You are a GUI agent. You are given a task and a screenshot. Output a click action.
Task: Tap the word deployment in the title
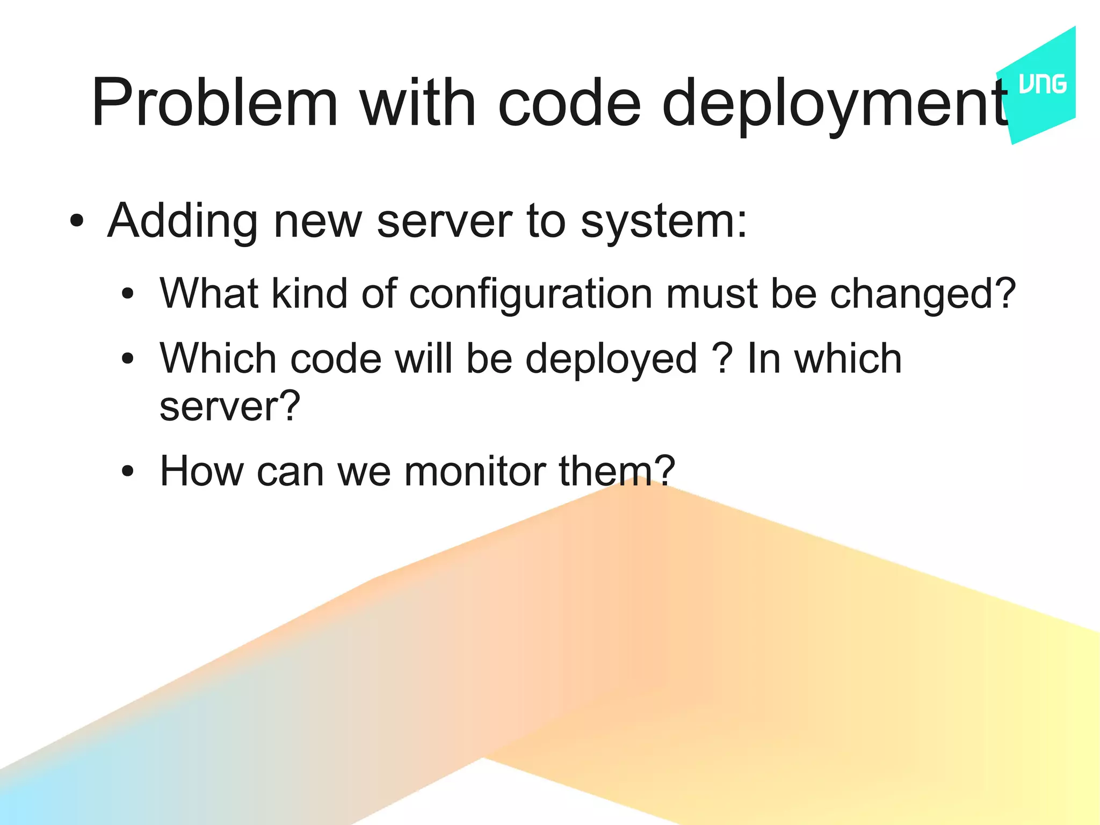coord(836,104)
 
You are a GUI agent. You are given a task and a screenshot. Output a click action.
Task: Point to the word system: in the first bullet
coord(664,222)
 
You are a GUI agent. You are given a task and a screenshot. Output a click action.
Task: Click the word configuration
coord(531,294)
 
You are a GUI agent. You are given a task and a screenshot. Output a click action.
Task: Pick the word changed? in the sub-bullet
coord(923,294)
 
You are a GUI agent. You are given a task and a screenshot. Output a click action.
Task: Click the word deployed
coord(611,360)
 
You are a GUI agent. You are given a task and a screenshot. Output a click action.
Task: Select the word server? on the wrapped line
coord(230,406)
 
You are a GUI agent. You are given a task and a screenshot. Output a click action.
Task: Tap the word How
coord(202,472)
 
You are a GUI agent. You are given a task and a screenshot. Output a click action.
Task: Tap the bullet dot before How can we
coord(127,472)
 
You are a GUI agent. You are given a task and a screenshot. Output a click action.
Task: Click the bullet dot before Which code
coord(127,358)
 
